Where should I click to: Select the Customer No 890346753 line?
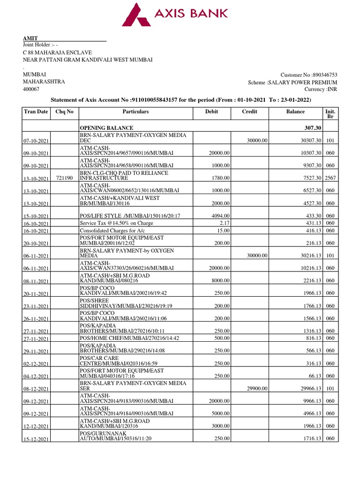(308, 75)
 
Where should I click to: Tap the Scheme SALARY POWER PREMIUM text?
(292, 82)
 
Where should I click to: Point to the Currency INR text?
(321, 89)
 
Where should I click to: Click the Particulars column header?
(135, 112)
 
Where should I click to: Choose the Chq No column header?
(65, 112)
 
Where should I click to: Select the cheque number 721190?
(64, 179)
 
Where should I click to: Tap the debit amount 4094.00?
(219, 215)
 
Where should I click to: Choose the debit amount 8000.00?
(219, 280)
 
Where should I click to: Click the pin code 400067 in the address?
(31, 89)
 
